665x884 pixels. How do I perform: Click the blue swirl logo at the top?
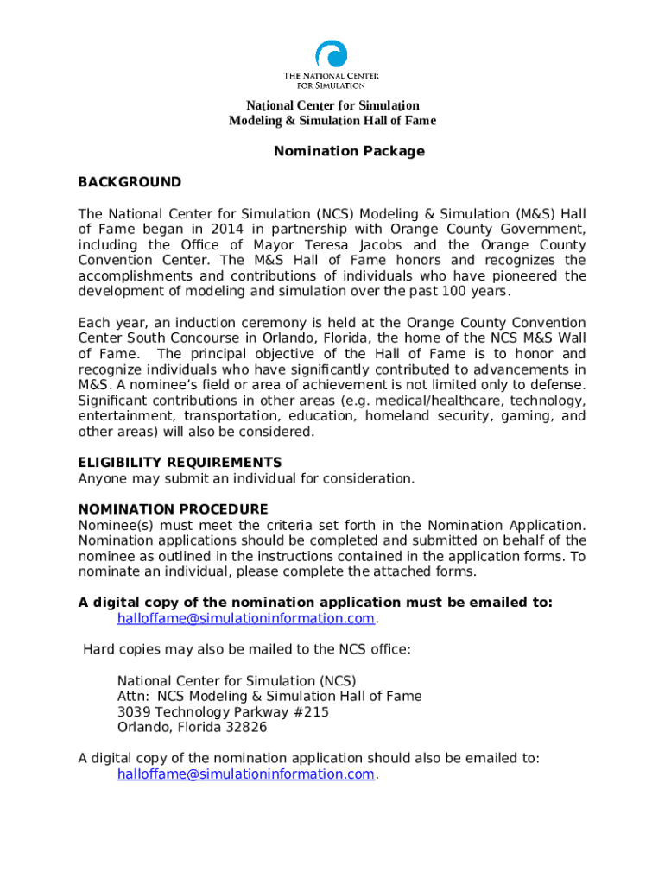[332, 55]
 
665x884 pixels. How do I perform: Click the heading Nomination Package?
[349, 151]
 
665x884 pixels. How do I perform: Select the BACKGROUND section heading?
[130, 182]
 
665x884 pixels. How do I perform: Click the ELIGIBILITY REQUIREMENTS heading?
[180, 463]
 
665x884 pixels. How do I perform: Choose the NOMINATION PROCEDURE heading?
[173, 509]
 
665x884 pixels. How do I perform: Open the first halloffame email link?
[245, 618]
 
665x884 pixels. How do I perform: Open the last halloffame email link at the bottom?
[245, 774]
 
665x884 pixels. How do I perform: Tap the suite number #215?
[310, 712]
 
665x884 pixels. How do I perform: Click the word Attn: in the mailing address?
[133, 697]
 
